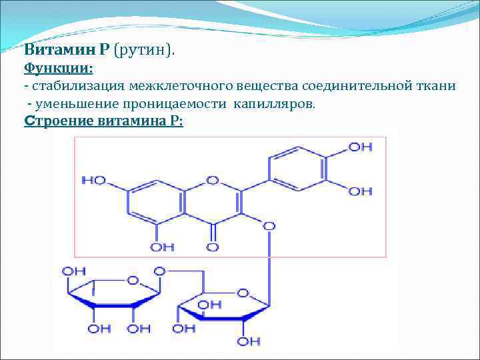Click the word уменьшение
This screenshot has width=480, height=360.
click(74, 105)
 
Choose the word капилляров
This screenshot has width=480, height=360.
click(277, 105)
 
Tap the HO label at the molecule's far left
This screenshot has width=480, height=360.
click(93, 180)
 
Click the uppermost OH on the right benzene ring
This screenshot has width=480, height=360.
click(361, 146)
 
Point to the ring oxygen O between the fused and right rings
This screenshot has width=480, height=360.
click(213, 180)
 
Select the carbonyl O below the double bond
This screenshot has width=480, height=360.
click(213, 247)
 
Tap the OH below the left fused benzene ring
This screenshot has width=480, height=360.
click(162, 247)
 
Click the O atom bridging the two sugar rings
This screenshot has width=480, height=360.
click(159, 271)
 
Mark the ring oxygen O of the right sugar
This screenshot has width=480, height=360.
click(243, 293)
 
